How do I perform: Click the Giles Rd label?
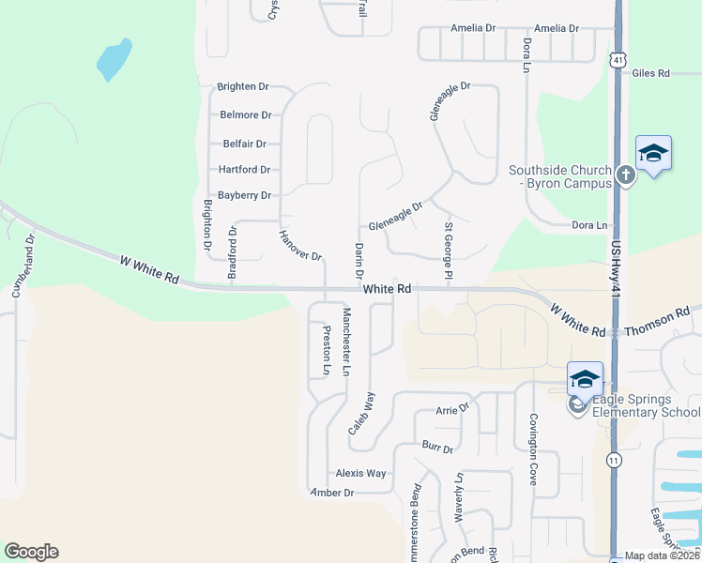(x=650, y=72)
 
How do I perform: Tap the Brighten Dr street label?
(x=243, y=86)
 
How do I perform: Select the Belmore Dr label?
(x=245, y=115)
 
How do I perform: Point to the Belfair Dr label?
(x=245, y=144)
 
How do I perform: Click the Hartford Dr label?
(x=244, y=170)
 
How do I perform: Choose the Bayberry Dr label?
(x=244, y=195)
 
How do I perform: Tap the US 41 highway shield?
(x=617, y=58)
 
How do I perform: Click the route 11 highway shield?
(x=614, y=460)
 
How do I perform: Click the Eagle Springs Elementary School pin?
(x=585, y=380)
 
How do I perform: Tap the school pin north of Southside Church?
(x=653, y=153)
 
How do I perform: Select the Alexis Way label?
(x=360, y=474)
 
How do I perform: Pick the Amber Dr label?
(x=334, y=493)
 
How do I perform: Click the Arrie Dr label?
(x=451, y=410)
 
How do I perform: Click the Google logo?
(x=31, y=552)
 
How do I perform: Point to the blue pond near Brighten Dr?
(x=114, y=59)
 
